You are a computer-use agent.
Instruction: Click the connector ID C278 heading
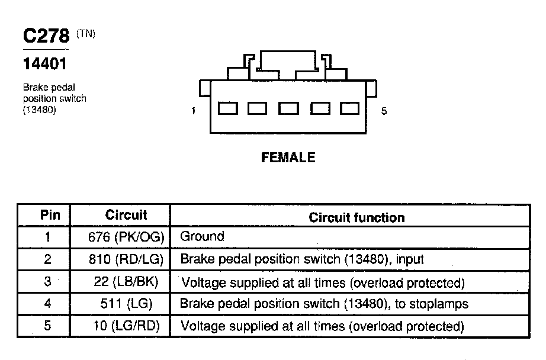click(x=46, y=36)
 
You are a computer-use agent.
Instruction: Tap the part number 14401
click(x=44, y=64)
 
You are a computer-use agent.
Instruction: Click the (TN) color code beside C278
click(x=86, y=34)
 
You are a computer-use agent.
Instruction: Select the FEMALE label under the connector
click(x=288, y=157)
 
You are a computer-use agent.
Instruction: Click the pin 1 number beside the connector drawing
click(x=193, y=111)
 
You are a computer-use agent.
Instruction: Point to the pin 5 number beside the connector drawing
click(x=384, y=111)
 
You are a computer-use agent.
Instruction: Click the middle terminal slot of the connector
click(x=288, y=108)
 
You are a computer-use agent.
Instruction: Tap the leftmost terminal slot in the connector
click(x=228, y=108)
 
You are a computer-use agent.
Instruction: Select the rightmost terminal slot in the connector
click(x=349, y=108)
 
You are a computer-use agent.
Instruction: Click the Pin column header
click(x=50, y=215)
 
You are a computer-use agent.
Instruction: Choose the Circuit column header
click(x=126, y=215)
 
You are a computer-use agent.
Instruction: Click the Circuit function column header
click(x=356, y=218)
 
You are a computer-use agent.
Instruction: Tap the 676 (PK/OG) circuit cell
click(x=126, y=237)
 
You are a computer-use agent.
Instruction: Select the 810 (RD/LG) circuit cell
click(x=126, y=259)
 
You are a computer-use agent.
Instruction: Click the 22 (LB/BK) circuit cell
click(x=126, y=281)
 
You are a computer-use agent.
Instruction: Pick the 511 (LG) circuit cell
click(x=126, y=304)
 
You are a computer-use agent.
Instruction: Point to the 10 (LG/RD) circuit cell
click(x=126, y=326)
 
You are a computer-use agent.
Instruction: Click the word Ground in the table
click(x=202, y=236)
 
